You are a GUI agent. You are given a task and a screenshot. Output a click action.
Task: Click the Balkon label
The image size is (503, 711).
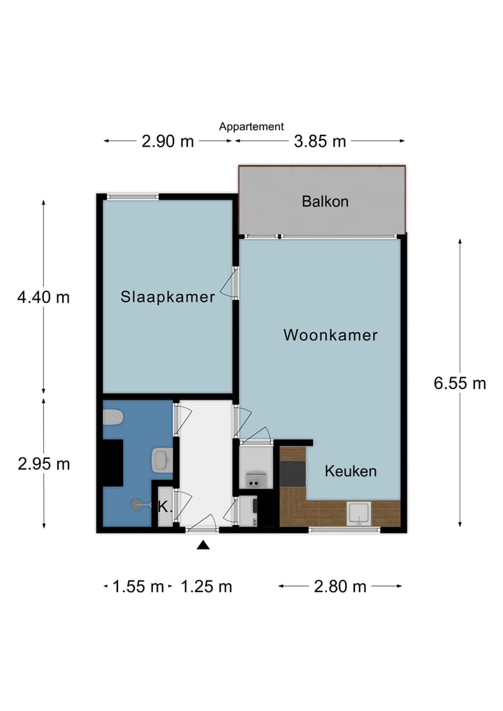coord(326,201)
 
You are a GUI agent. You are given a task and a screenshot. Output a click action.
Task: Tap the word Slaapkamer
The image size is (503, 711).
coord(168,297)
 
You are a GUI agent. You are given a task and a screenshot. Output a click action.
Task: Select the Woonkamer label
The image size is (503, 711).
coord(330,335)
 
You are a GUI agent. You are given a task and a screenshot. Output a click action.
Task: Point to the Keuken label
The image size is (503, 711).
coord(351,471)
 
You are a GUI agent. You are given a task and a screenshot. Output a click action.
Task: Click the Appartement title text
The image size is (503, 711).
coord(251,126)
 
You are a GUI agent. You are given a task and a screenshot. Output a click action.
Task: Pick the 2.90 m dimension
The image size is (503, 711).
coord(168,141)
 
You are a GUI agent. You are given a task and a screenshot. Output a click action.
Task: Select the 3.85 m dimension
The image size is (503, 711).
coord(320,141)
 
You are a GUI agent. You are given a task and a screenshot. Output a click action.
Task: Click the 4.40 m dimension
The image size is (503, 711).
coord(43,298)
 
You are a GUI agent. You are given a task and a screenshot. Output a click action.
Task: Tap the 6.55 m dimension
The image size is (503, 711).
coord(460,383)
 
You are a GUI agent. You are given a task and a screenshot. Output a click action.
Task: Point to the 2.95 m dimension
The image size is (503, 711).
coord(44,464)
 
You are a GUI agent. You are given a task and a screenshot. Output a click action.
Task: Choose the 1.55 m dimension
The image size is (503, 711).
coord(138,586)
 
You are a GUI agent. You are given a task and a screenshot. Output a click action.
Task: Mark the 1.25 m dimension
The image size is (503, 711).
coord(206,586)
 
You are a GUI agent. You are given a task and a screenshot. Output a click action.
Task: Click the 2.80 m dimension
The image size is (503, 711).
coord(340,586)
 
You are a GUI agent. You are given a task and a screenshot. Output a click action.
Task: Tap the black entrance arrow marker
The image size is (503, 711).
coord(203,545)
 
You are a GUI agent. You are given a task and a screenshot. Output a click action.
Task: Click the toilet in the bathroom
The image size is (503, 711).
coord(113,417)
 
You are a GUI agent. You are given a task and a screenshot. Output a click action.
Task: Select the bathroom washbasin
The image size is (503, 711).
coord(162,460)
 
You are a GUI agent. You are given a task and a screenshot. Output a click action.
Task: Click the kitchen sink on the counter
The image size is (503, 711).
coord(359,513)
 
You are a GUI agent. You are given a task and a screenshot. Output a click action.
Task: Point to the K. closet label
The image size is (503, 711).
coord(165,507)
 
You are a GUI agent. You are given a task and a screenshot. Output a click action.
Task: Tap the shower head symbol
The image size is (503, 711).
coord(136,505)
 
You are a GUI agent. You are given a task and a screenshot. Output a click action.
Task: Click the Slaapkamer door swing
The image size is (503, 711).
coord(228,283)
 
